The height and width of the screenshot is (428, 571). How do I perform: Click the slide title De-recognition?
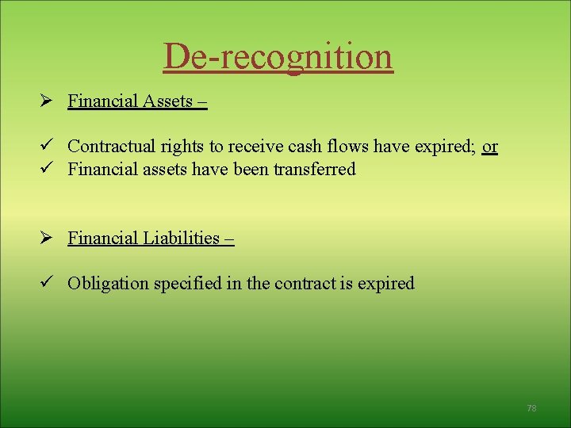click(x=278, y=56)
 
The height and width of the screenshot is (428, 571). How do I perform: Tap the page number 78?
click(x=531, y=408)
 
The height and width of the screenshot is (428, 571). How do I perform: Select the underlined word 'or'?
click(x=490, y=147)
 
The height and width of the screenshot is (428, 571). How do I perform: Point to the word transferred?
click(x=315, y=169)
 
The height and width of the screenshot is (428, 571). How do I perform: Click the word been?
click(x=247, y=169)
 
